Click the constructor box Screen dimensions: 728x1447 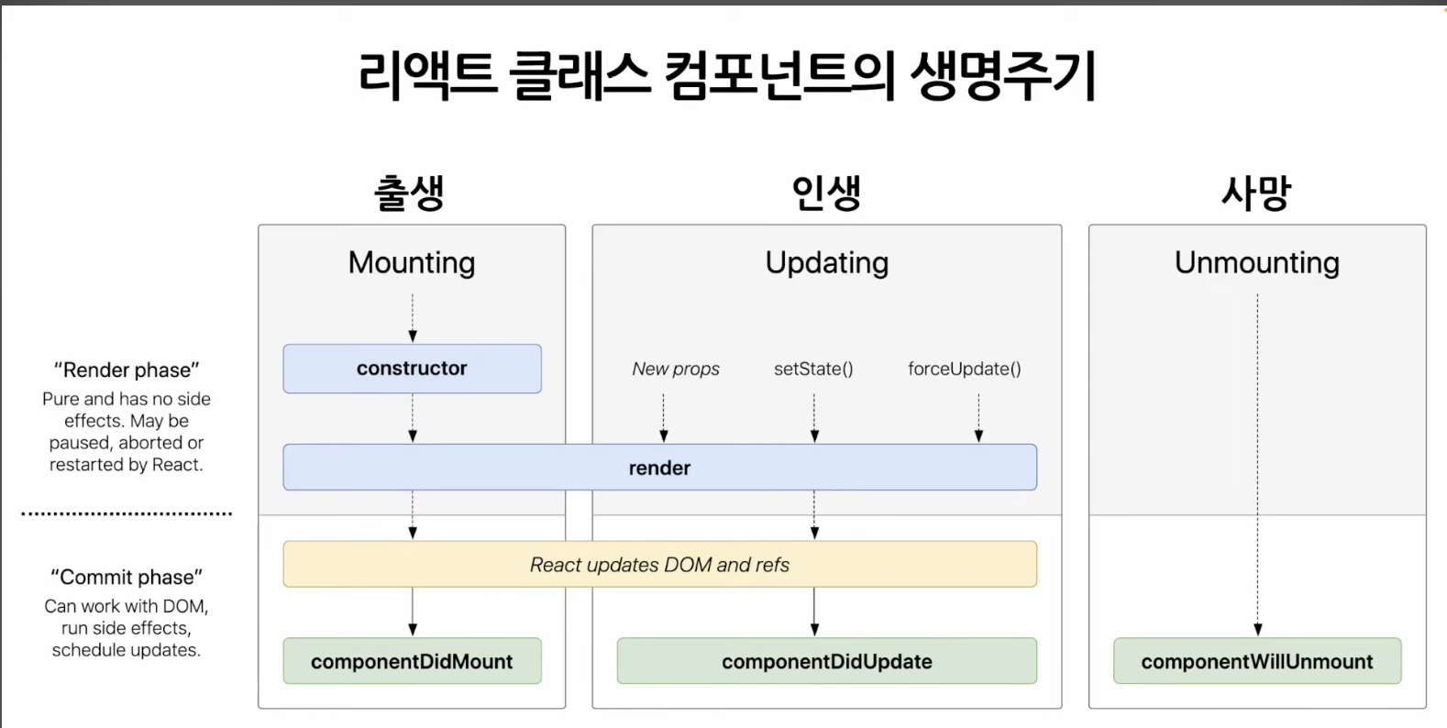coord(412,369)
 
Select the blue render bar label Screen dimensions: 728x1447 coord(659,469)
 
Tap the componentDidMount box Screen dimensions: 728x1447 coord(412,661)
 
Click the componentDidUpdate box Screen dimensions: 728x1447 coord(826,661)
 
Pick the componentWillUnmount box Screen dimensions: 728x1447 coord(1256,661)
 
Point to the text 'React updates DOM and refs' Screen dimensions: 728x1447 coord(659,565)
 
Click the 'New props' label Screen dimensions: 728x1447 coord(676,369)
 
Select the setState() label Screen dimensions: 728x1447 coord(813,369)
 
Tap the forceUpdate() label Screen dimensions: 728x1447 coord(964,369)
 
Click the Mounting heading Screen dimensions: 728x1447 coord(412,263)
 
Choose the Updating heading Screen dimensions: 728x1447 coord(826,263)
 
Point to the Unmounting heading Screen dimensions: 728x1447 coord(1256,263)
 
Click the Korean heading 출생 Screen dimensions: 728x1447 coord(409,193)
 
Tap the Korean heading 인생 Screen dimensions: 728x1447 coord(826,193)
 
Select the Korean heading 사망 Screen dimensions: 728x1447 coord(1255,193)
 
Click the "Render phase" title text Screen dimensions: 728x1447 coord(127,370)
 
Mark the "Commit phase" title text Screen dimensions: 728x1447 coord(127,578)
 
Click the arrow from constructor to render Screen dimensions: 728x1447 coord(413,419)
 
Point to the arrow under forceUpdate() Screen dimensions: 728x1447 coord(978,419)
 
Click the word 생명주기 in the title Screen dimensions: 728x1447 coord(1003,75)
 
